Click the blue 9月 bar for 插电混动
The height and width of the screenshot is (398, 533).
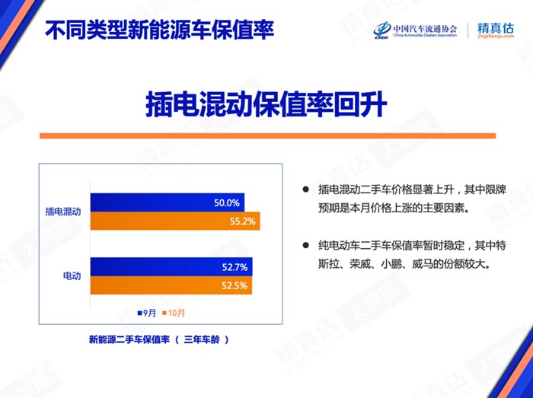click(168, 202)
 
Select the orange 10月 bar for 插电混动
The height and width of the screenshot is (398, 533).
click(175, 221)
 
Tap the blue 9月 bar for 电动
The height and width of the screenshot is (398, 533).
click(171, 267)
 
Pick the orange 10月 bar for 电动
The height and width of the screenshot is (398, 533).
click(171, 285)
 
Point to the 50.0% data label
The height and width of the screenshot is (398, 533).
click(227, 203)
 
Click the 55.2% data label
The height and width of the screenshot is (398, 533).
click(242, 221)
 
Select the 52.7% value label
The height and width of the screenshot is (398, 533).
click(235, 267)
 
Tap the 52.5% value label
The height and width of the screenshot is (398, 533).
click(235, 285)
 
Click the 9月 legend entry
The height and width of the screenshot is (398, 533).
click(147, 313)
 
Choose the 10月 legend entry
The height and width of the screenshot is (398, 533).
click(174, 313)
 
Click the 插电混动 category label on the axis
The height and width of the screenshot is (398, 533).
click(63, 212)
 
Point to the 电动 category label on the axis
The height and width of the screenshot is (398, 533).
click(72, 275)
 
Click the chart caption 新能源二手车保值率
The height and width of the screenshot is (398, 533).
click(129, 339)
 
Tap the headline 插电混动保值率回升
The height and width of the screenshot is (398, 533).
click(266, 104)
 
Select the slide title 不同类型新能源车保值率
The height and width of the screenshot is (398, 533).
click(159, 30)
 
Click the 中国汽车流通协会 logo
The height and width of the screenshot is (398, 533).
click(416, 30)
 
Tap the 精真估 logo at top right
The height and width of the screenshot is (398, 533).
click(496, 30)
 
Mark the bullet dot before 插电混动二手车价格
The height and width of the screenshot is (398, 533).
click(305, 189)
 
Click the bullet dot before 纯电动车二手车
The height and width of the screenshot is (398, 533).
click(305, 245)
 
